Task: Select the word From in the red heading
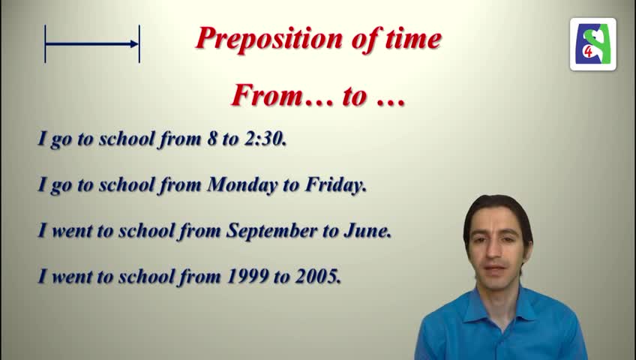tap(266, 96)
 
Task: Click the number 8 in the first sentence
tap(212, 139)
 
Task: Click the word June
tap(367, 231)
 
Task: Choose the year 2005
tap(318, 277)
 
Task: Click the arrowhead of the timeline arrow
tap(134, 44)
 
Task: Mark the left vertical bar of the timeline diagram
tap(45, 43)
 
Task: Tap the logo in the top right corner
tap(593, 44)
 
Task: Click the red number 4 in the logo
tap(589, 52)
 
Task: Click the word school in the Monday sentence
tap(127, 185)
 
